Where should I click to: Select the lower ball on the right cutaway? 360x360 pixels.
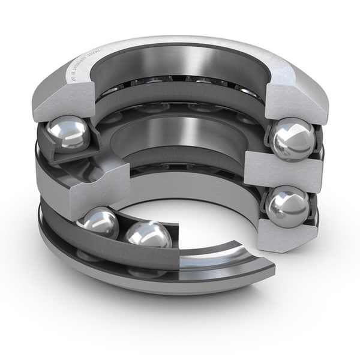point(287,208)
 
